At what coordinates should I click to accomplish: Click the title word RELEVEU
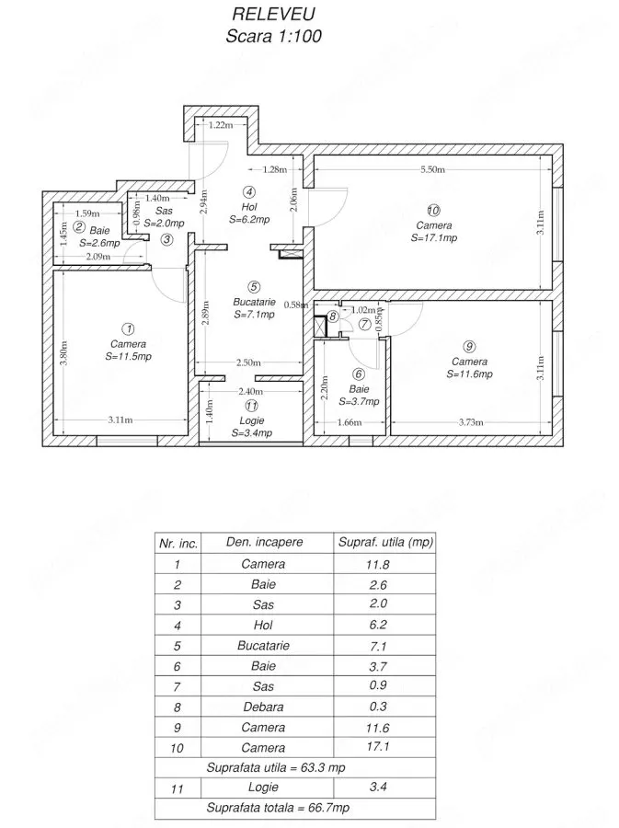pos(274,13)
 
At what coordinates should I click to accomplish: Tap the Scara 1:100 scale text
pos(273,36)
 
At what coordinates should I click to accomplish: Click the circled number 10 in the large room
pos(433,211)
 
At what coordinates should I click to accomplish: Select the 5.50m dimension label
pos(432,169)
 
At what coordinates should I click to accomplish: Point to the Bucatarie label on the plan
pos(255,302)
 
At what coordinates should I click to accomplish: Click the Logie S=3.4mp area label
pos(252,427)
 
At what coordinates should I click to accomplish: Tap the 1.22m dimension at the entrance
pos(221,125)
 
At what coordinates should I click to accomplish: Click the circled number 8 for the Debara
pos(332,316)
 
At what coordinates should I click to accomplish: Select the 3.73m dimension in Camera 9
pos(471,422)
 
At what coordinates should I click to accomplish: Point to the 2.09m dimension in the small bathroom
pos(98,257)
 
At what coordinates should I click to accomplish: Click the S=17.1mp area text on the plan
pos(434,237)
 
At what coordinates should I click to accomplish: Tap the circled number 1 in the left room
pos(128,329)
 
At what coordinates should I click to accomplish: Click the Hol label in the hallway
pos(249,207)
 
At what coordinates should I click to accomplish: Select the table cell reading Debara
pos(263,707)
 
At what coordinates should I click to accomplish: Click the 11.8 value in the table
pos(378,565)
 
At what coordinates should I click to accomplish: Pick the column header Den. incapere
pos(264,542)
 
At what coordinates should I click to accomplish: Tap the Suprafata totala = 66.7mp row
pos(278,808)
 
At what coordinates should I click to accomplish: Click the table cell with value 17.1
pos(378,747)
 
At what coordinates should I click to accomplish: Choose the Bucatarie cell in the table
pos(263,645)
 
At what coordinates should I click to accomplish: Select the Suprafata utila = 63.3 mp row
pos(275,767)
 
